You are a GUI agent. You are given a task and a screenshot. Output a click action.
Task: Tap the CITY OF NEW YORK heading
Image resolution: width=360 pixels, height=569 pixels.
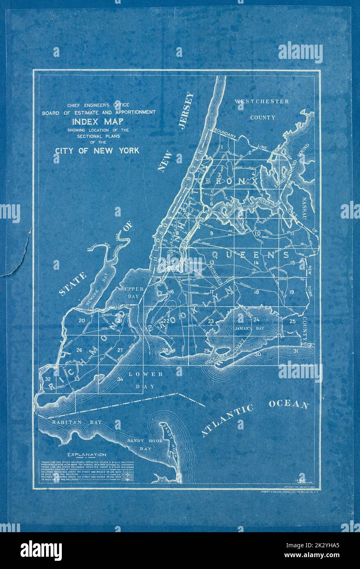[97, 150]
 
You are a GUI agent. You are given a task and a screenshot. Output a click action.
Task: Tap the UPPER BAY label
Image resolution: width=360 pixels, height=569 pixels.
[134, 292]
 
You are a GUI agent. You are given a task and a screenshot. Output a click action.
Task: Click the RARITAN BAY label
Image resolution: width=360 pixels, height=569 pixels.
[77, 422]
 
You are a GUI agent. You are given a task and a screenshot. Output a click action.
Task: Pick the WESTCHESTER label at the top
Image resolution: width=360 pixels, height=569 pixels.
[262, 101]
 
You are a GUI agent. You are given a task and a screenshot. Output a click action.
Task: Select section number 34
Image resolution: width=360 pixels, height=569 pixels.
[120, 379]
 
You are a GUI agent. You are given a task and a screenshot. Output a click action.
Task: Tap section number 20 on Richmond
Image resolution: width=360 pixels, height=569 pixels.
[82, 320]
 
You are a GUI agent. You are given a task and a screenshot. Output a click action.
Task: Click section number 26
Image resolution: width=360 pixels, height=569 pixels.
[79, 350]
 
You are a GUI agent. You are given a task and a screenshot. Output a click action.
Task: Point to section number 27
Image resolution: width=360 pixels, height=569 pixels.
[120, 350]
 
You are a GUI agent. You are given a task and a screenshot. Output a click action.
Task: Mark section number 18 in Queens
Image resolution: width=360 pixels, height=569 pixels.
[256, 292]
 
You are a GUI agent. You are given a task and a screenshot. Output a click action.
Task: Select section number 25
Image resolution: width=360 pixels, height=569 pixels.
[292, 321]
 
